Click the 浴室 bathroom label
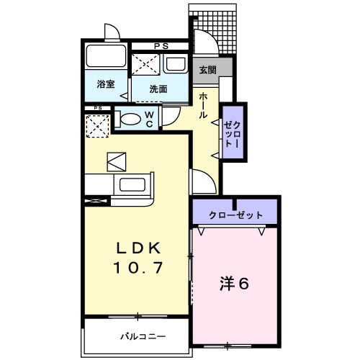106,84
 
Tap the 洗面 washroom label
158,89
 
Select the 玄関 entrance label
208,70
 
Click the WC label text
148,119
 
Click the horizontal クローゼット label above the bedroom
235,215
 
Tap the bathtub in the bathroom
107,57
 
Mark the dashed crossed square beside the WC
98,126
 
